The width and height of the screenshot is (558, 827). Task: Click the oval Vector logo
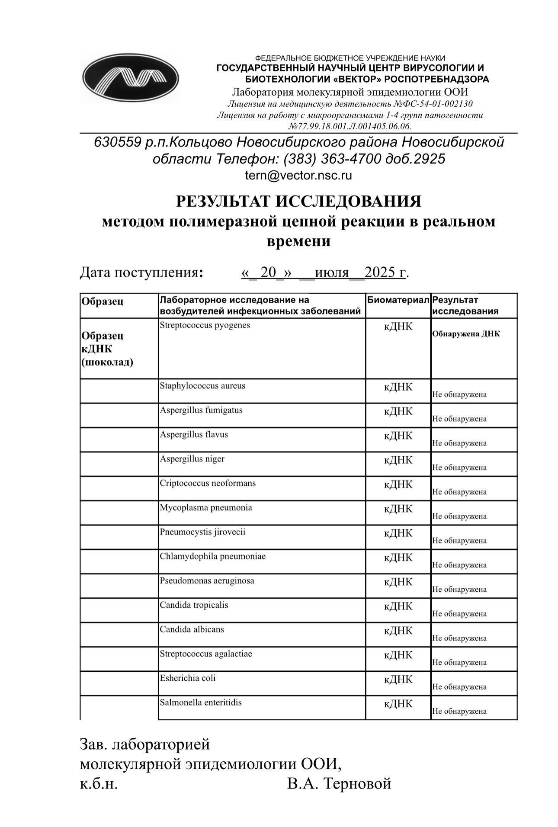tap(130, 78)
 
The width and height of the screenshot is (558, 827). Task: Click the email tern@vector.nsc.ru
tap(298, 176)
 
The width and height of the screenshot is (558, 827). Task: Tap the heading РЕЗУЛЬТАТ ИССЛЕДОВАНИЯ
tap(298, 202)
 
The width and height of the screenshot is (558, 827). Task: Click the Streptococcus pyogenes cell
tap(205, 325)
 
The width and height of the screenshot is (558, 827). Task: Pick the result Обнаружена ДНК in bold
tap(466, 334)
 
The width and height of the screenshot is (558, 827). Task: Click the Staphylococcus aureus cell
tap(202, 386)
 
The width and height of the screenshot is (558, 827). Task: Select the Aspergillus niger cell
tap(192, 459)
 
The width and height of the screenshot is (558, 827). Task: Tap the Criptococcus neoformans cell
tap(208, 483)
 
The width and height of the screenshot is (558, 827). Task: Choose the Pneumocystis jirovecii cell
tap(202, 532)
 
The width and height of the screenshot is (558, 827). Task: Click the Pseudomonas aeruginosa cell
tap(207, 581)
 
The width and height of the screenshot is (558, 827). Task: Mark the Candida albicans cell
tap(192, 629)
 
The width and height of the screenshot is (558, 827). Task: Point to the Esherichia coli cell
tap(187, 678)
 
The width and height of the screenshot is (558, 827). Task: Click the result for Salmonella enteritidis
tap(459, 712)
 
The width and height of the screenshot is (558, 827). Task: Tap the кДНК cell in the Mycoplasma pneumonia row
tap(398, 509)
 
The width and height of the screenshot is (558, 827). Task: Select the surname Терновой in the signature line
tap(357, 783)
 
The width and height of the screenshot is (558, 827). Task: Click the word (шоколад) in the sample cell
tap(107, 362)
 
